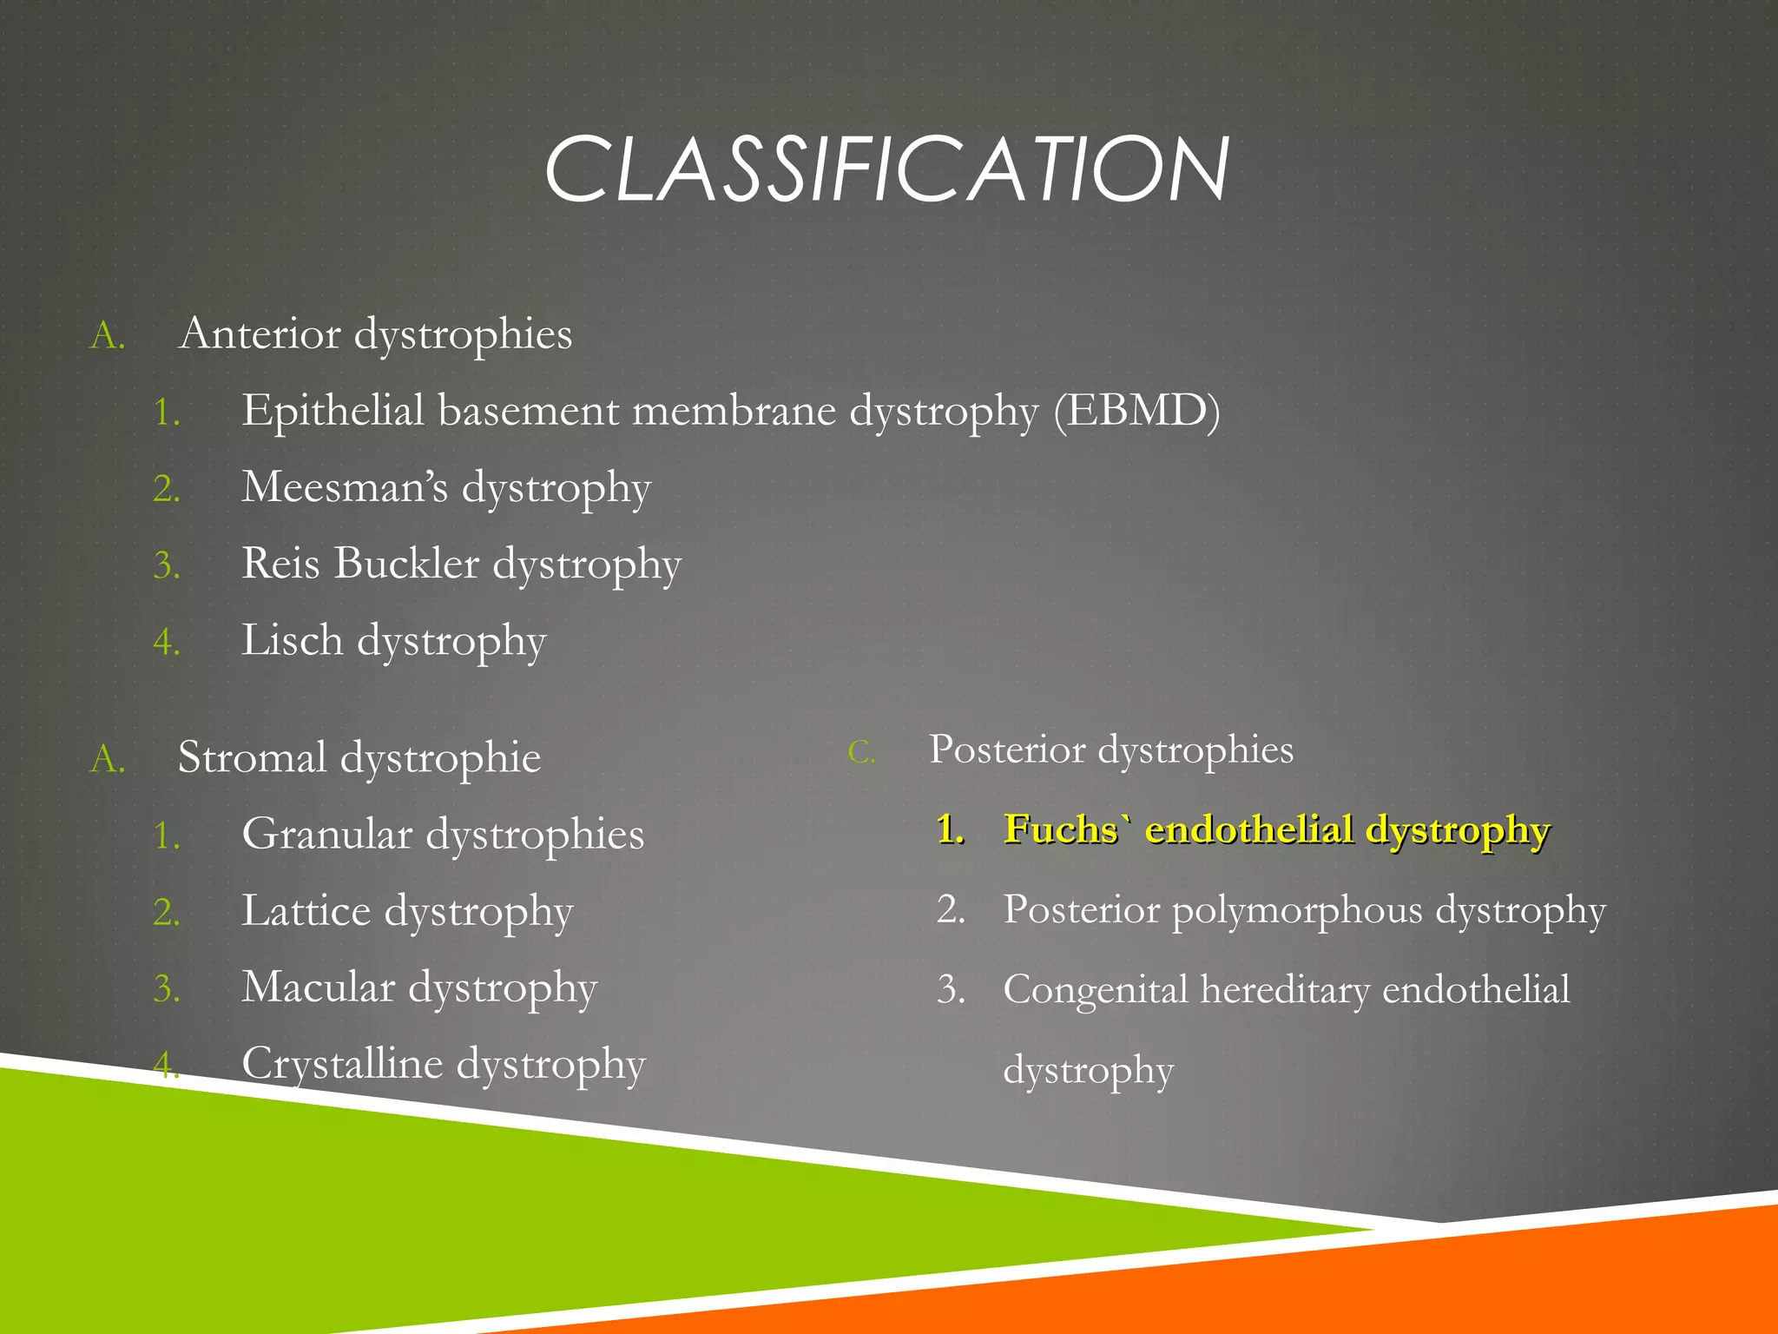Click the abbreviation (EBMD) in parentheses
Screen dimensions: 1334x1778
1136,411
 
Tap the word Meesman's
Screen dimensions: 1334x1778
345,487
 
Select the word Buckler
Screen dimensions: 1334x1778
406,564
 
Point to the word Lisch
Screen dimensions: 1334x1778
293,641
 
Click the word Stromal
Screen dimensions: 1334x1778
253,757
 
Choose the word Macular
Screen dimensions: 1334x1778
319,988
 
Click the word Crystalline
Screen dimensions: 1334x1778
342,1065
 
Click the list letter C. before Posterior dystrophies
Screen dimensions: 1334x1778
861,752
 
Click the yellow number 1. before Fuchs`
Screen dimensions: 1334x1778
951,830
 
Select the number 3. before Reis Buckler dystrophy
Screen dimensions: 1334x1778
167,566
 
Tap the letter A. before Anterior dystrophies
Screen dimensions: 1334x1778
108,336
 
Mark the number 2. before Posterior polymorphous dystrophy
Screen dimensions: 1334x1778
951,910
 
